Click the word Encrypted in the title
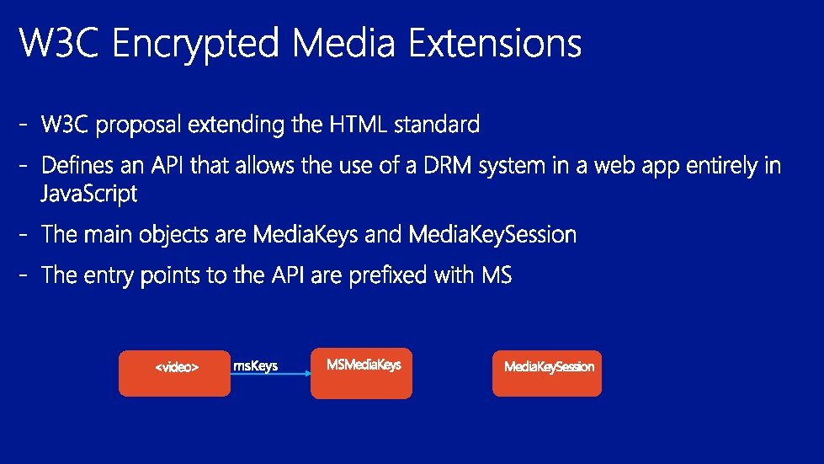(195, 43)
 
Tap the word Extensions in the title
(495, 42)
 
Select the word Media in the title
(343, 42)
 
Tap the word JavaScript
(89, 194)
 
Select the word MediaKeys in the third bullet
(306, 234)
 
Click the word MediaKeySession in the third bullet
(492, 234)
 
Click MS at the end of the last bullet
(497, 275)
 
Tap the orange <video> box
(174, 373)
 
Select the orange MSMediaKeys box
(362, 373)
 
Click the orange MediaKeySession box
(547, 373)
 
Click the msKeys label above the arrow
(255, 365)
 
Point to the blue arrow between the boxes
(271, 374)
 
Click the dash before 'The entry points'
(23, 275)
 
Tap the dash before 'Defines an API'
(23, 166)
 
